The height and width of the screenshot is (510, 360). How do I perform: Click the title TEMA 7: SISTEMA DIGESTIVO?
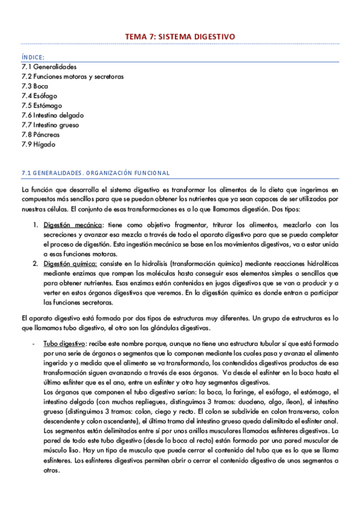click(x=180, y=37)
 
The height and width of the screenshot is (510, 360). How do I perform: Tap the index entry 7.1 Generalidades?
click(x=49, y=67)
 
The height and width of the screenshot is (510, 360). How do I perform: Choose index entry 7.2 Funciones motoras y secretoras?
click(x=72, y=76)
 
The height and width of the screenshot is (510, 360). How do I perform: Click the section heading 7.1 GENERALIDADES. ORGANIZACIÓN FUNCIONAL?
click(x=95, y=173)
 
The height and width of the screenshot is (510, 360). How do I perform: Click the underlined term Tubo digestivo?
click(x=64, y=343)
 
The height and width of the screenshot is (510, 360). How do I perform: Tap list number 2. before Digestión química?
click(x=35, y=263)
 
